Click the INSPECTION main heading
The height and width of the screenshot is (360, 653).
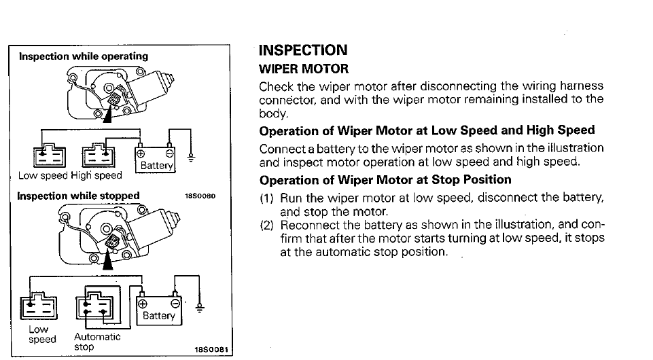[303, 50]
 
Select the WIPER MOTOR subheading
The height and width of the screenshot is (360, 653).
[304, 69]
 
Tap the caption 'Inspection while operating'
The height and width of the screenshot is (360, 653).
[83, 56]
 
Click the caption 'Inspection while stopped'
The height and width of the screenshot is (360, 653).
[78, 196]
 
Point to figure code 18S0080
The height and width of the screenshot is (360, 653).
[200, 197]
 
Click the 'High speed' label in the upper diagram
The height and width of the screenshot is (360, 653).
[101, 176]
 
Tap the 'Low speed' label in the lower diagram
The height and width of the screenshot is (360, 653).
[39, 334]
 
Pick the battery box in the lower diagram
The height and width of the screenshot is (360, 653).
[159, 310]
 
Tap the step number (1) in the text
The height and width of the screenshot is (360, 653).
[267, 198]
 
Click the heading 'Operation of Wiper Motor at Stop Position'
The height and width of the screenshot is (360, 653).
[385, 180]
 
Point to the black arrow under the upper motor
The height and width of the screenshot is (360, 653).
[107, 115]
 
